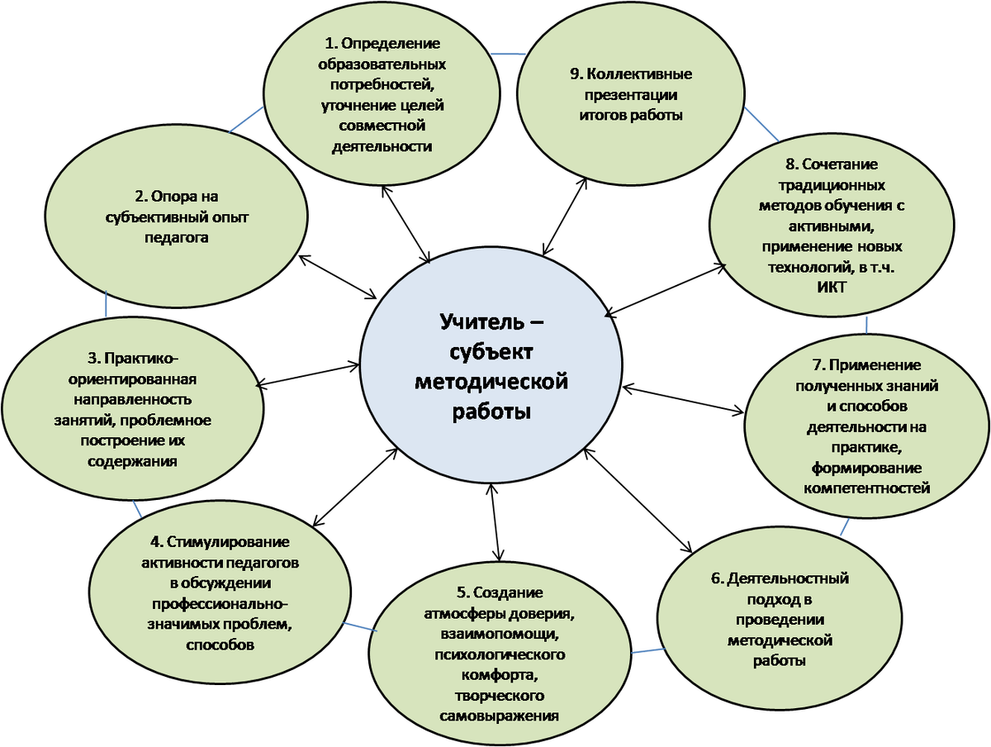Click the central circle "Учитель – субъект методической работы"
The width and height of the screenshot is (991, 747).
491,364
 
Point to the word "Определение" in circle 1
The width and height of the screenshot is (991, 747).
391,44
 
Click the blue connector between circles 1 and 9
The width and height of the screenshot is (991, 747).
508,55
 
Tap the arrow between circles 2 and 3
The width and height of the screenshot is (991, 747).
106,304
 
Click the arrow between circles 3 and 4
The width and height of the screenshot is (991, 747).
136,507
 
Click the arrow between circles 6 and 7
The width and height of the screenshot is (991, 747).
843,527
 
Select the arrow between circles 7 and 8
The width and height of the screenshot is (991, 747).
866,322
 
